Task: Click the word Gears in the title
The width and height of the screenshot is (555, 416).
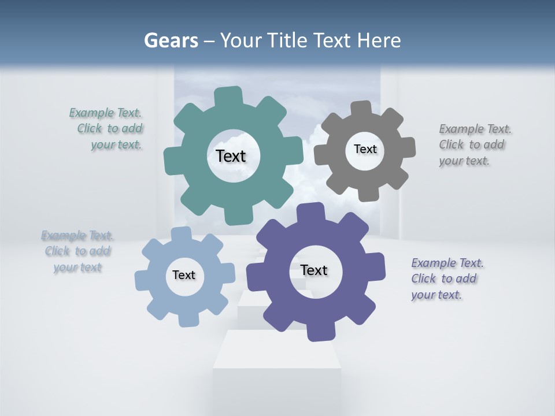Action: pos(171,40)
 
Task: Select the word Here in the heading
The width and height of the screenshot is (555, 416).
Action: pos(379,40)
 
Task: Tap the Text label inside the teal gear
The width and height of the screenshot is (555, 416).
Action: pos(231,156)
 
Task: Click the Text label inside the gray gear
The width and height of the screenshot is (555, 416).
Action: pos(365,149)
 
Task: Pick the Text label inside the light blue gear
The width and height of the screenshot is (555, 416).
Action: pos(184,275)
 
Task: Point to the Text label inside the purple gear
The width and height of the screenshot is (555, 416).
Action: pos(314,270)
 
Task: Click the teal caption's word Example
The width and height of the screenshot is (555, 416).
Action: pos(91,113)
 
